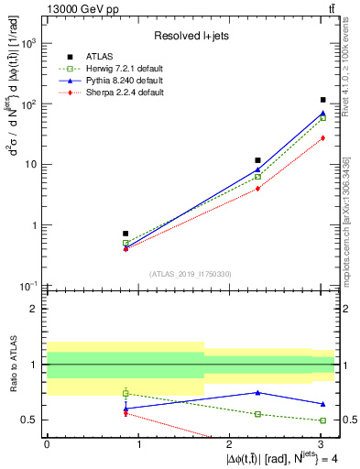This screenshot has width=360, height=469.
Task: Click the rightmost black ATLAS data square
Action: click(323, 100)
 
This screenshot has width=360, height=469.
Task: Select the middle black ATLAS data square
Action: click(258, 160)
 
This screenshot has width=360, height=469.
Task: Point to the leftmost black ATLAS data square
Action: click(125, 234)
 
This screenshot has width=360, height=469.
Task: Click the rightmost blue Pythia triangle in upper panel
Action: click(323, 113)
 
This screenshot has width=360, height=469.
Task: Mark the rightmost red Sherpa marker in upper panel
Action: click(323, 137)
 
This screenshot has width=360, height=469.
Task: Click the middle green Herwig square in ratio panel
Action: click(258, 414)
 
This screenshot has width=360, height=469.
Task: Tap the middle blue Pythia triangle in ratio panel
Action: click(258, 392)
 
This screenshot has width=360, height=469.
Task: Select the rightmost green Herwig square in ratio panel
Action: click(323, 420)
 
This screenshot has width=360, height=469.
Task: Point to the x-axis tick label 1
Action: click(138, 443)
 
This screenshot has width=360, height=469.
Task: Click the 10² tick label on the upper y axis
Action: click(29, 104)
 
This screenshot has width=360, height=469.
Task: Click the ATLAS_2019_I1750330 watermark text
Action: click(190, 274)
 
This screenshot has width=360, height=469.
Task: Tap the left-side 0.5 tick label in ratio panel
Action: click(29, 420)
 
